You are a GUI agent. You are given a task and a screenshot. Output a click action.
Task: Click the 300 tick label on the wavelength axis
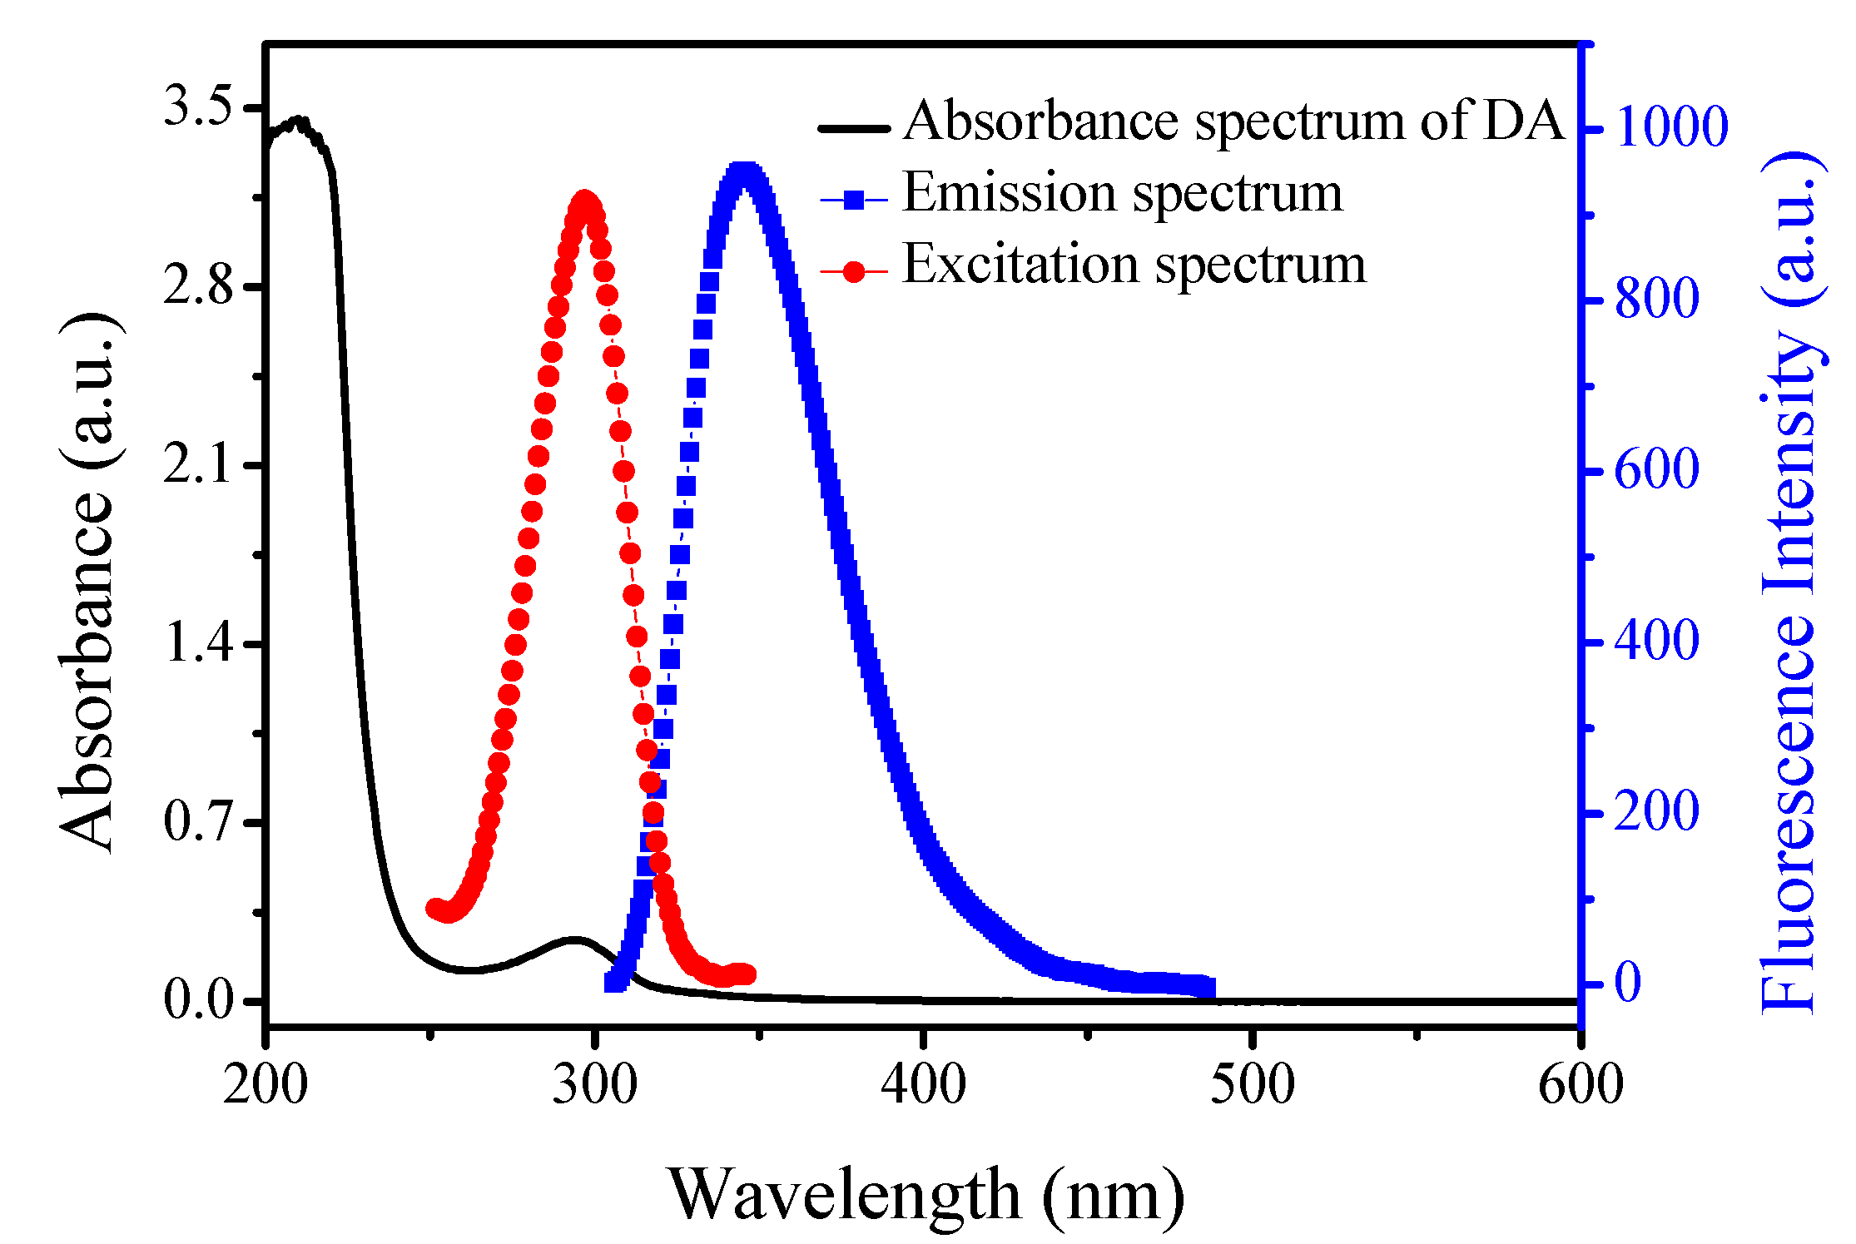click(594, 1085)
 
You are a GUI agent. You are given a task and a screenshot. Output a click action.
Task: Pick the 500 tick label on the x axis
click(1252, 1085)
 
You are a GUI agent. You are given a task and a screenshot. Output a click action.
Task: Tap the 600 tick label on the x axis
click(1580, 1085)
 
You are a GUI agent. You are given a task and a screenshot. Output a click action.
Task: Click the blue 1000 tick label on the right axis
click(1671, 128)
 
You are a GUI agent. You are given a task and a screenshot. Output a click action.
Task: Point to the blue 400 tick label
click(1656, 642)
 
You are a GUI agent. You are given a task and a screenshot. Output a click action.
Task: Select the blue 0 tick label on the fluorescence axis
click(1628, 983)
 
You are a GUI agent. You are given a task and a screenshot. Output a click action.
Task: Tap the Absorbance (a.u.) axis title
click(88, 582)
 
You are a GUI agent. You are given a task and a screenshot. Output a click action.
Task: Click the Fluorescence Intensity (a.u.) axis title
click(1791, 582)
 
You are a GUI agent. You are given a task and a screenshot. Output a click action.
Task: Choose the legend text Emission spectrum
click(1122, 193)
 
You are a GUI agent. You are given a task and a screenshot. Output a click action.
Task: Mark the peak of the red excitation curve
click(585, 202)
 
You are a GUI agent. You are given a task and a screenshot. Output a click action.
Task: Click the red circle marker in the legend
click(854, 271)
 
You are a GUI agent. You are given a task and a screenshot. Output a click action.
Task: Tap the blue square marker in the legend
click(854, 200)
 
